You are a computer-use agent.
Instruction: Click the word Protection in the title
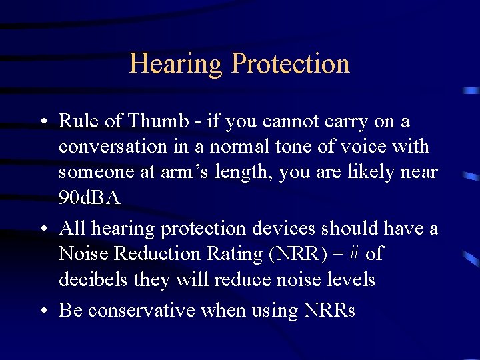click(x=290, y=64)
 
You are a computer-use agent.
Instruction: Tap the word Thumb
click(x=159, y=121)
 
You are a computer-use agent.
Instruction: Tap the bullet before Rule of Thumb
click(x=42, y=123)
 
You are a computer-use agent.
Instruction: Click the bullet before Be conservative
click(x=42, y=311)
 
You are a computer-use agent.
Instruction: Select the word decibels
click(x=94, y=279)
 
